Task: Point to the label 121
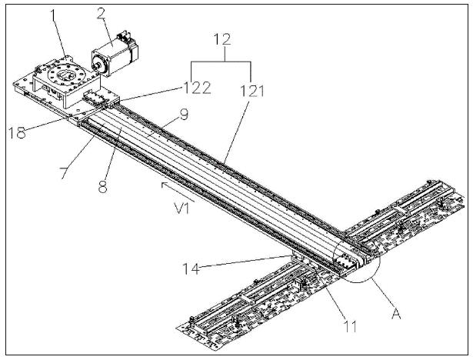(251, 91)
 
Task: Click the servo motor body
(115, 58)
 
